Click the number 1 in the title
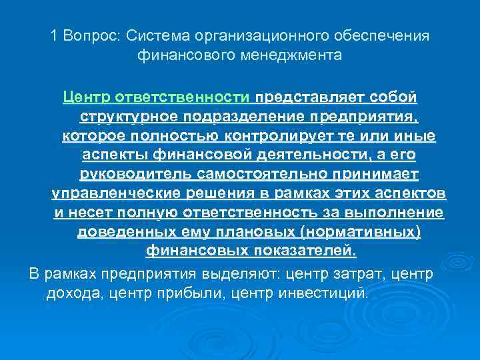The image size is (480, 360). [54, 35]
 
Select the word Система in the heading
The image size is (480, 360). [151, 35]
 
